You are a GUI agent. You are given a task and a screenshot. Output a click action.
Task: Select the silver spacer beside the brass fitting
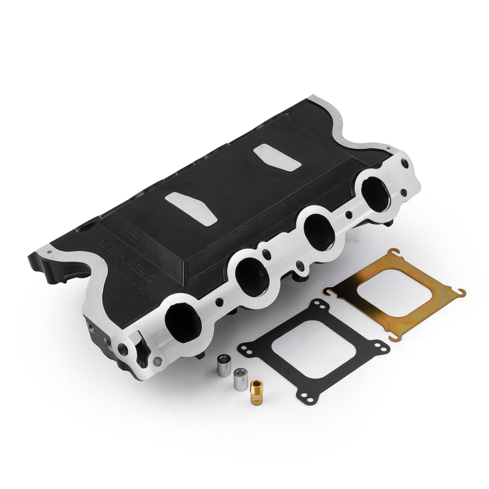point(240,376)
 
